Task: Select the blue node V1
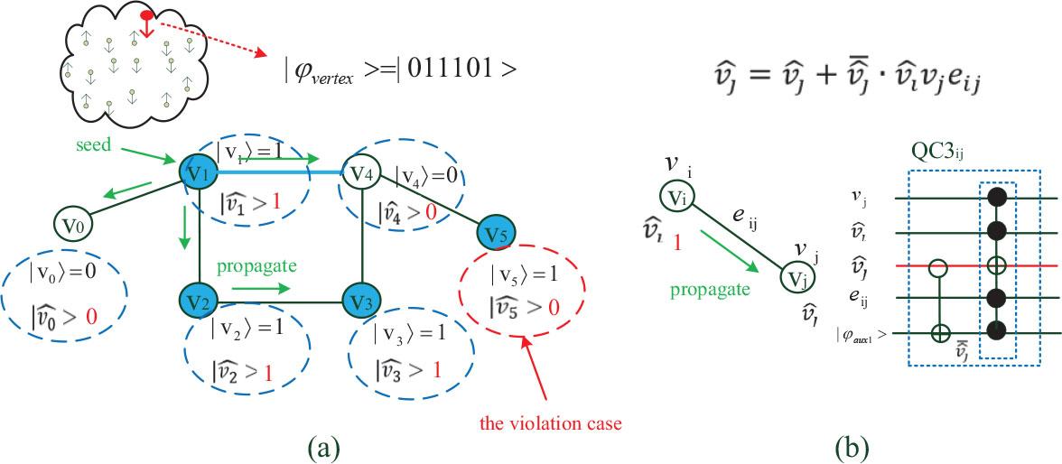(x=197, y=172)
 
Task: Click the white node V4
(x=361, y=172)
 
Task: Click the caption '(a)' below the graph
(x=323, y=447)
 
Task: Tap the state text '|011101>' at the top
(x=462, y=70)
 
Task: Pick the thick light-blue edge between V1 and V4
(x=271, y=171)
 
